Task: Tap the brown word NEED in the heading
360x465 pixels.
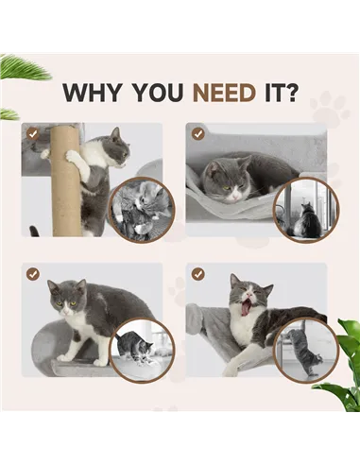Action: coord(225,93)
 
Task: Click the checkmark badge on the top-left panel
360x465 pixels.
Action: coord(33,134)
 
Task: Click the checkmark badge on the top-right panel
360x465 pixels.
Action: coord(197,134)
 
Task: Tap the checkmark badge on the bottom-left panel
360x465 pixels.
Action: coord(33,274)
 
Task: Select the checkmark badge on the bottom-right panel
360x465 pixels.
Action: coord(197,274)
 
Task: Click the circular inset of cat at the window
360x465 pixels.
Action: coord(304,209)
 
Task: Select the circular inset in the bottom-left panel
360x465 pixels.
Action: coord(142,349)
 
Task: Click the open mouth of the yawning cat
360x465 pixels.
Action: coord(248,306)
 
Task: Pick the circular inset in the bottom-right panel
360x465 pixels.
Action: coord(304,349)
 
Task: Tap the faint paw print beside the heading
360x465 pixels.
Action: coord(329,109)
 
